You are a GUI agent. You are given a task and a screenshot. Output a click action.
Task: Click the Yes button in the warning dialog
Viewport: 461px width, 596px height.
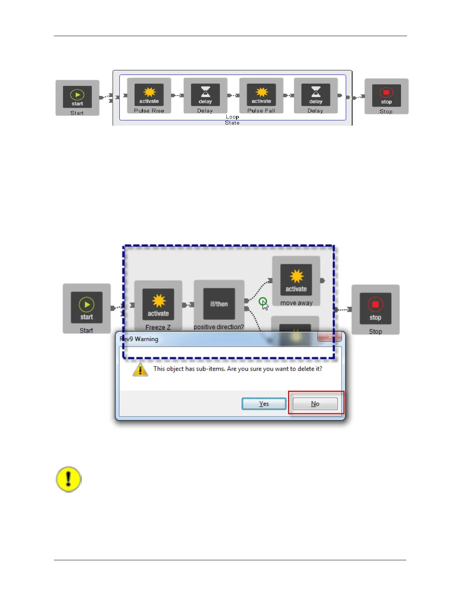click(x=264, y=404)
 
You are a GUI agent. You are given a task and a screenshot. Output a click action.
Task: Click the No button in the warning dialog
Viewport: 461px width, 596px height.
click(x=315, y=404)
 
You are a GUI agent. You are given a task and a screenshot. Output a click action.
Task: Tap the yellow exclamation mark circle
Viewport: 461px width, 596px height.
click(x=69, y=479)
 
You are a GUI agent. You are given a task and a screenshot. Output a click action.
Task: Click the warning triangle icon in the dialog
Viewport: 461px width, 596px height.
click(x=140, y=369)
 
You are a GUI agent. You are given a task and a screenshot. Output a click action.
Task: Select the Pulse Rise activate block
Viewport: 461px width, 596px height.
click(x=149, y=95)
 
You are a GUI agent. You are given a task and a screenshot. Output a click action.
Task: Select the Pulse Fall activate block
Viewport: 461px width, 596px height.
click(x=261, y=95)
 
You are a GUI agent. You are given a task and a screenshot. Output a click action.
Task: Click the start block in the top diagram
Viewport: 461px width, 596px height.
click(x=77, y=97)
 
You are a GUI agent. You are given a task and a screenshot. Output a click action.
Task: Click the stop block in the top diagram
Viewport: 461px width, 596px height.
click(x=386, y=96)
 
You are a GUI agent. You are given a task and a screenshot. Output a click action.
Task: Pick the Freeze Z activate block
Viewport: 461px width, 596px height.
click(x=158, y=304)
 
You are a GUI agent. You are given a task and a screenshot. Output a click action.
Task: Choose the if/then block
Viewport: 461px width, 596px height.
click(x=219, y=304)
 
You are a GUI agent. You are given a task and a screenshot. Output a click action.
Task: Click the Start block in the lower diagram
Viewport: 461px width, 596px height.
click(x=87, y=308)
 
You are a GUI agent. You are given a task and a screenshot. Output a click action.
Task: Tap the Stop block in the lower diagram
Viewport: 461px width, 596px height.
click(x=375, y=309)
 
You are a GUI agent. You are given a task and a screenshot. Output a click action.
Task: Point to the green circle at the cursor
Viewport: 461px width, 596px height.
click(x=263, y=301)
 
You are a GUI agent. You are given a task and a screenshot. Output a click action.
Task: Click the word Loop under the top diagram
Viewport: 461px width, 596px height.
click(x=232, y=117)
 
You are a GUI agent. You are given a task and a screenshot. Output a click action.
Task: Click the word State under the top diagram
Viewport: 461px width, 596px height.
click(x=232, y=123)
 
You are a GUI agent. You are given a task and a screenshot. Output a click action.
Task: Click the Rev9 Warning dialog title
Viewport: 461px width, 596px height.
click(x=139, y=339)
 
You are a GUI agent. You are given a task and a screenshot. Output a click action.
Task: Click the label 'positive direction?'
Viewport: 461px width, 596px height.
click(x=219, y=327)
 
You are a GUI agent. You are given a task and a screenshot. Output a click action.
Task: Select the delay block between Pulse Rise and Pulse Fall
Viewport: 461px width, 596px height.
click(x=205, y=95)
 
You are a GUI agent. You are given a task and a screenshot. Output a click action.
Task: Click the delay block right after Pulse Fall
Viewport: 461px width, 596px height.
click(x=316, y=95)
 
